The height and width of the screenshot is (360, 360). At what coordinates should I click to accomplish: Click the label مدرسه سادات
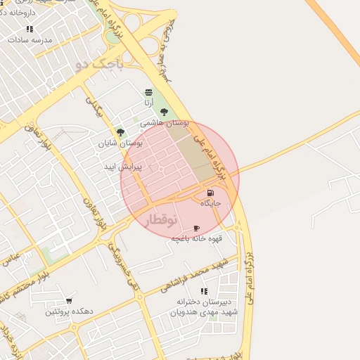click(29, 40)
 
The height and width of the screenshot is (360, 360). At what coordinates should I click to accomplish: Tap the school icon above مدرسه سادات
click(30, 29)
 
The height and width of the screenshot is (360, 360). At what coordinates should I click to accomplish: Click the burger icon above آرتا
click(148, 92)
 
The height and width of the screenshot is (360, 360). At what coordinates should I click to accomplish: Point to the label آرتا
click(148, 103)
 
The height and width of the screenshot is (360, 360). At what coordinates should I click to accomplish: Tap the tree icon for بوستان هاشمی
click(164, 112)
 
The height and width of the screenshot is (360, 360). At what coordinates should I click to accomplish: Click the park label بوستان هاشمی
click(165, 122)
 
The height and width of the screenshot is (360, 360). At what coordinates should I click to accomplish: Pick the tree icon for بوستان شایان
click(120, 131)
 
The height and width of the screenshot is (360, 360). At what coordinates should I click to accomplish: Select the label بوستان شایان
click(120, 142)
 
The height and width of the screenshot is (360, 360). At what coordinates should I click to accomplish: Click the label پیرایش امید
click(123, 167)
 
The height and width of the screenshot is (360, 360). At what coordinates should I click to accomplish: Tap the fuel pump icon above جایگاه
click(210, 193)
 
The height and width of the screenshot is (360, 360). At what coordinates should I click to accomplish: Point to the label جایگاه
click(211, 203)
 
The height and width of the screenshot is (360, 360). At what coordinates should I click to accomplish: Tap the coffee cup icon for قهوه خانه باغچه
click(196, 228)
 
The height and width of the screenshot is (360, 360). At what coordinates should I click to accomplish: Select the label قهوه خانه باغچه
click(197, 238)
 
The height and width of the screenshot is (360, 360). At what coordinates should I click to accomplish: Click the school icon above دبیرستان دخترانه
click(204, 291)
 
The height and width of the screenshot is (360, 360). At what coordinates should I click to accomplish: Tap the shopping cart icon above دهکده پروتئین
click(69, 301)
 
